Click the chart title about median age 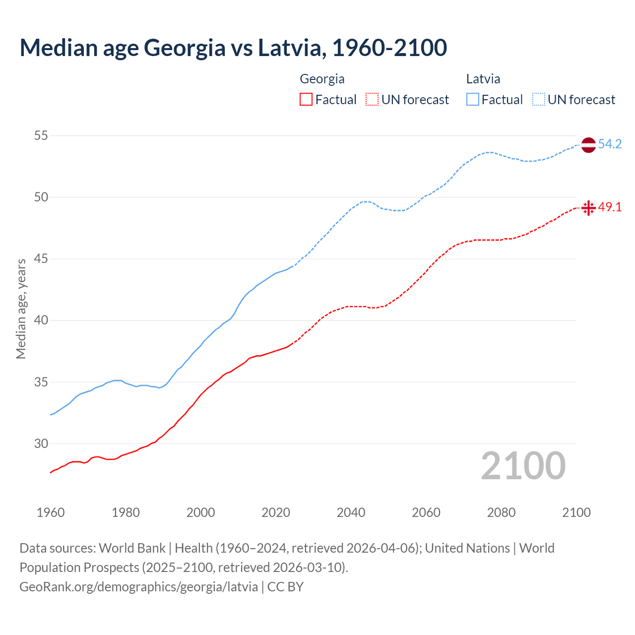233,48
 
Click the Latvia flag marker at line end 588,145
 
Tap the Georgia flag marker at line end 588,208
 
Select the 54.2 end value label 610,144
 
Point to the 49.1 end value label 610,207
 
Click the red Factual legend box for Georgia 306,100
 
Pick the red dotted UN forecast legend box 372,100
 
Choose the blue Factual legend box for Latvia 473,100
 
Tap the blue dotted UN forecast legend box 539,100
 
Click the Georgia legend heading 322,79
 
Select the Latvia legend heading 483,79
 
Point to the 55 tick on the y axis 41,135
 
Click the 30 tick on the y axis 41,444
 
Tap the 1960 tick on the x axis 51,512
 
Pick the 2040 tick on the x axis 351,512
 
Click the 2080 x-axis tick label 501,512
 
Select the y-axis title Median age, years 21,309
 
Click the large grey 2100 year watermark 523,466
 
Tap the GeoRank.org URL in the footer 138,587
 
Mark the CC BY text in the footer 285,587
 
